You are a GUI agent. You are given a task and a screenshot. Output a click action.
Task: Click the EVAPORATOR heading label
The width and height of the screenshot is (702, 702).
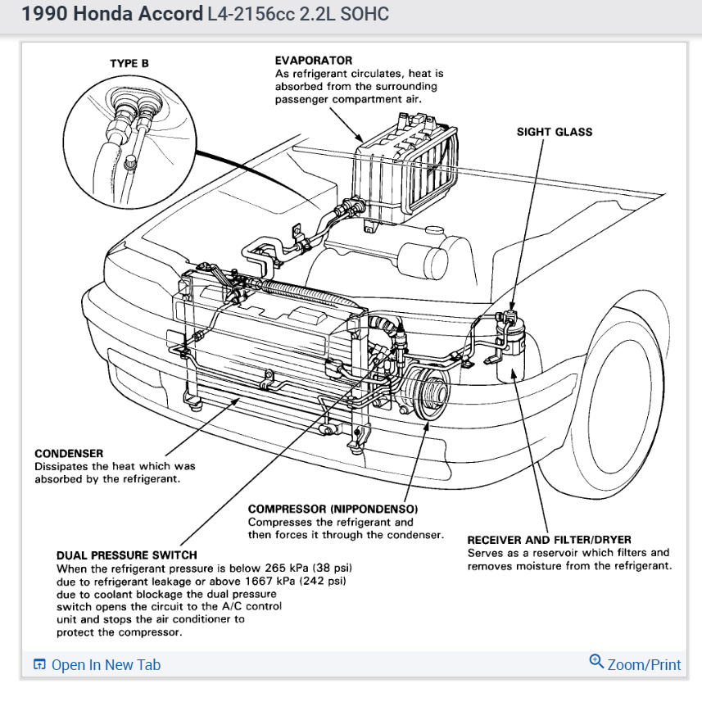click(x=313, y=61)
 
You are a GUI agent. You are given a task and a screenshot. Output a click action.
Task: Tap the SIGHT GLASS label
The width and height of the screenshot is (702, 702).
click(x=554, y=132)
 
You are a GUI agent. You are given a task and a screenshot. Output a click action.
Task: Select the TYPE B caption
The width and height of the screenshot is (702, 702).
click(x=129, y=63)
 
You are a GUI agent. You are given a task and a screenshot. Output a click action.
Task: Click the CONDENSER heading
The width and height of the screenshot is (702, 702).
click(x=69, y=454)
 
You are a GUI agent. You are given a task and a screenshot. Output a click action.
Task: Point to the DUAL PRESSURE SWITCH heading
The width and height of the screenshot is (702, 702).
click(x=126, y=555)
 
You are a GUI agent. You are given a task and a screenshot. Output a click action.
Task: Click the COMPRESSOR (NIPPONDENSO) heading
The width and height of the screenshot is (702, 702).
click(x=333, y=509)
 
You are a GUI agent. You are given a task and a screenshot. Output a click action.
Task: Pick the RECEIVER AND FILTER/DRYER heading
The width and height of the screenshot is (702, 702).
click(x=549, y=540)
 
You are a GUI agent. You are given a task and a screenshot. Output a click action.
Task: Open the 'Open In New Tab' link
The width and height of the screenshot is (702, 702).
click(x=106, y=664)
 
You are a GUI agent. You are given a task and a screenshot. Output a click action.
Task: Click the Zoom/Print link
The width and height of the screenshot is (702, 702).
click(x=644, y=664)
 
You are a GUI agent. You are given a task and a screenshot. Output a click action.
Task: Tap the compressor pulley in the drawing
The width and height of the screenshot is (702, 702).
click(x=428, y=394)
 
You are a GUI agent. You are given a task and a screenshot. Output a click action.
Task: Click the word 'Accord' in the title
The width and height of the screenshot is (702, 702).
click(x=172, y=14)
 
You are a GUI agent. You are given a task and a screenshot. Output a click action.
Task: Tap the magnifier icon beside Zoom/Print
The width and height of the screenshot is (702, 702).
click(x=596, y=662)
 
